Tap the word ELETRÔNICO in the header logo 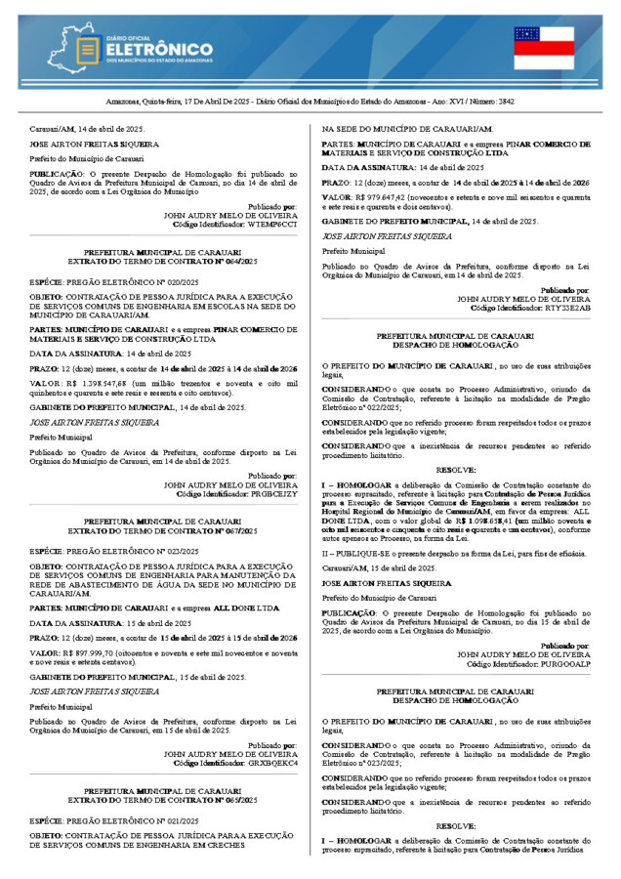(x=158, y=49)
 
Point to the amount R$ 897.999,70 (x=94, y=651)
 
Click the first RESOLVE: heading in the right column (x=456, y=470)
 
